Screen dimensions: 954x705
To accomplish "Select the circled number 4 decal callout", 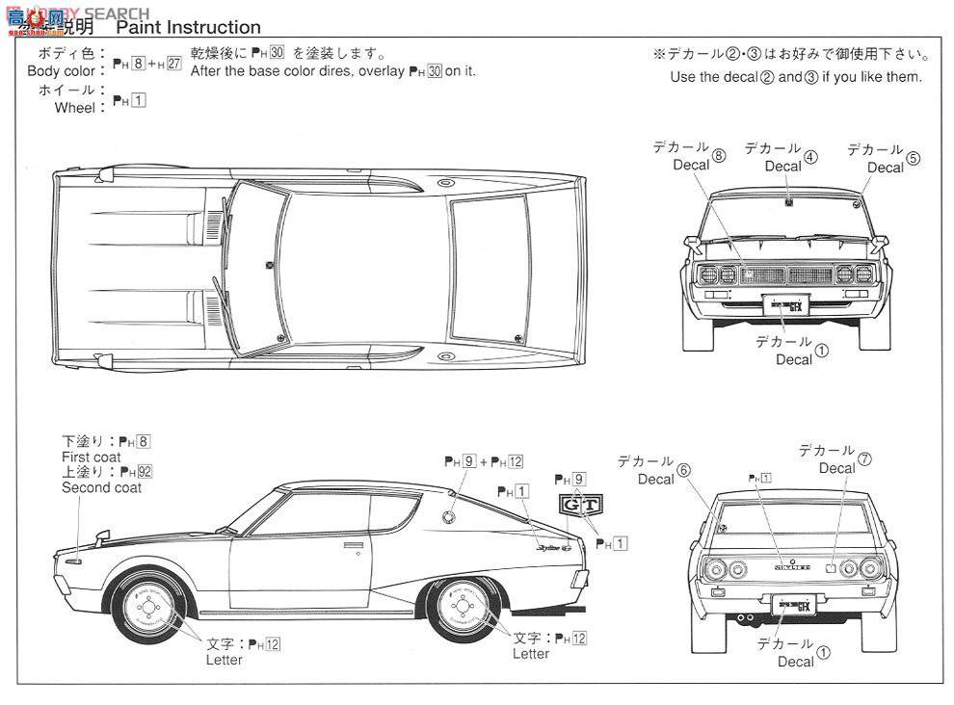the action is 810,157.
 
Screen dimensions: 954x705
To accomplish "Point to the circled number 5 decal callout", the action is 914,159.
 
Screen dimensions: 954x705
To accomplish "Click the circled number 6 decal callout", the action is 683,470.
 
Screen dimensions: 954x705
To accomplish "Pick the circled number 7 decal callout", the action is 864,459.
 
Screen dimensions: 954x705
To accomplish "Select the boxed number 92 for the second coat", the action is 144,472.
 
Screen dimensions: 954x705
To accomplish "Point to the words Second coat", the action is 101,487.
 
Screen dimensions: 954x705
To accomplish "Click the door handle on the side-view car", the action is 354,545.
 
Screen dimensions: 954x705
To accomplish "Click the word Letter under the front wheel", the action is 225,660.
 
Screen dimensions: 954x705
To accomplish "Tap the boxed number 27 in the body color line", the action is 173,71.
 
